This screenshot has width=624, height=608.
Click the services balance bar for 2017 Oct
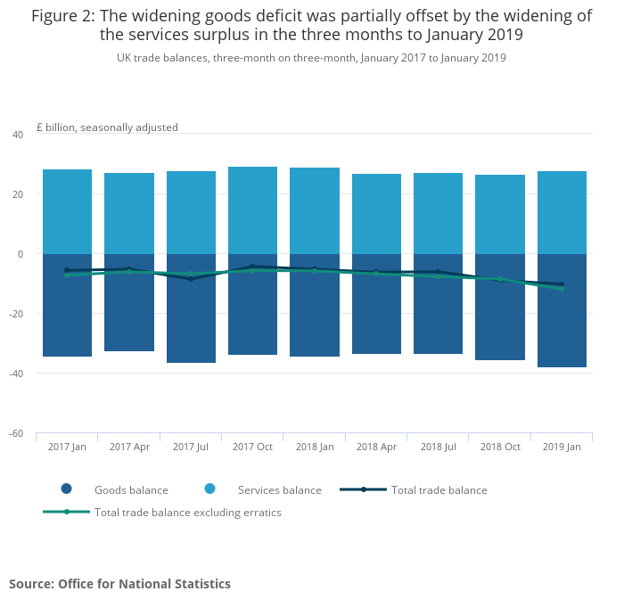click(x=252, y=210)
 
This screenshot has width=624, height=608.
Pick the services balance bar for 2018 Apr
click(x=376, y=214)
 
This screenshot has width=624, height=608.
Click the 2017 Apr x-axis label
click(x=129, y=447)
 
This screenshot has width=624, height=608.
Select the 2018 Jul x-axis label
click(x=439, y=447)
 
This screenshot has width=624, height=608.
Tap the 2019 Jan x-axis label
click(x=562, y=447)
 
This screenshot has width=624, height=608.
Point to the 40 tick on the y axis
click(x=17, y=135)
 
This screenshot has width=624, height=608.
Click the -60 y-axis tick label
click(x=15, y=434)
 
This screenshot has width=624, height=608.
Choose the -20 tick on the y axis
click(x=15, y=314)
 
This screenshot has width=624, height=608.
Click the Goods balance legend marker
click(x=66, y=489)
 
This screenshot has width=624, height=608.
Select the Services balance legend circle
click(x=210, y=489)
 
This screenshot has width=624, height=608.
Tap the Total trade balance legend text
click(x=439, y=489)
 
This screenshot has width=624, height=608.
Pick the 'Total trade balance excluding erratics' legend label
click(x=188, y=513)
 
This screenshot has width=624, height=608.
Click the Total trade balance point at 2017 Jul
click(x=191, y=279)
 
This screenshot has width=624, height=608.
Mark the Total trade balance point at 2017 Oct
click(x=252, y=266)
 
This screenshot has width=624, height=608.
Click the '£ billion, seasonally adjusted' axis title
click(x=107, y=127)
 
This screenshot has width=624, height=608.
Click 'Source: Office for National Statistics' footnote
click(x=119, y=584)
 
